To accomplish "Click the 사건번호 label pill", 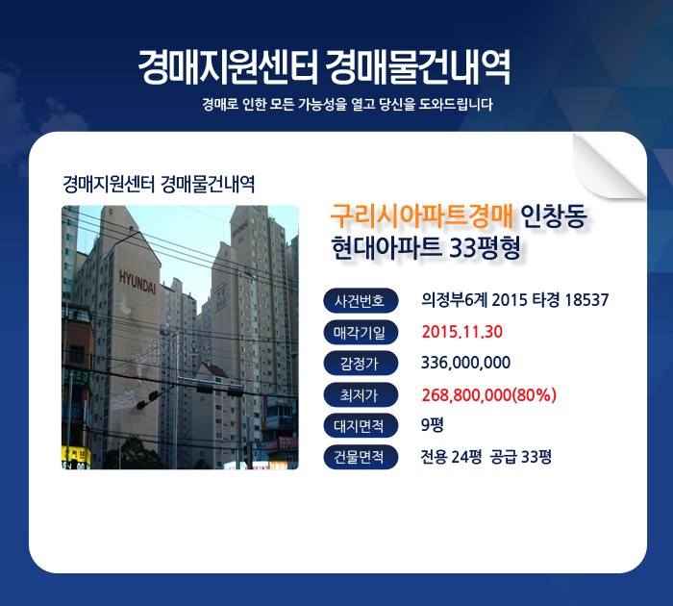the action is click(x=361, y=300).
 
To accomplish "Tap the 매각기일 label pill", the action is click(x=361, y=332).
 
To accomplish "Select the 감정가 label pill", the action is click(x=361, y=364).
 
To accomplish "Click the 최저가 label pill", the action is click(x=361, y=394).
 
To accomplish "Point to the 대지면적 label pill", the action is click(x=361, y=425).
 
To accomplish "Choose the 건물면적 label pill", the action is click(x=361, y=457).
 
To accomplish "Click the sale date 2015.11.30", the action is click(x=461, y=332).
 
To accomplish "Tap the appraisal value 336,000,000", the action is click(x=465, y=363).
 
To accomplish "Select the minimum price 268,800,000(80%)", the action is click(x=488, y=394).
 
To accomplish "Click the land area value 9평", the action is click(x=433, y=425).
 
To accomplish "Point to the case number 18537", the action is click(x=586, y=300).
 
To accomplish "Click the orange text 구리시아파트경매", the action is click(x=422, y=215).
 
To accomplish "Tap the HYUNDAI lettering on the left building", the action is click(x=137, y=282).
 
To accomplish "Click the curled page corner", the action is click(x=608, y=165).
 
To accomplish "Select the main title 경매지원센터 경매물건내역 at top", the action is click(x=325, y=67).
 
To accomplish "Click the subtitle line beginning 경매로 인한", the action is click(x=348, y=104).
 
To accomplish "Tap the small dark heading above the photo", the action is click(x=159, y=185).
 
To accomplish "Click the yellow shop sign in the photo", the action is click(x=76, y=456).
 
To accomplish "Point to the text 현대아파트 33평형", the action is click(x=426, y=248).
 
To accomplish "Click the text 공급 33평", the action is click(x=521, y=457).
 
